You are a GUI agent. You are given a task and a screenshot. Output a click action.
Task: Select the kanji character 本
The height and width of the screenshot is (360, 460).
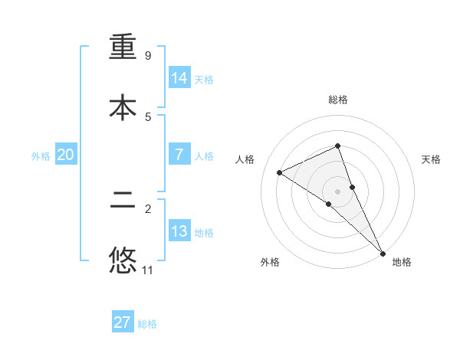click(123, 107)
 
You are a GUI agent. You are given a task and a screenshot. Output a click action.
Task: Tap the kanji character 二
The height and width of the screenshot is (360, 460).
click(123, 203)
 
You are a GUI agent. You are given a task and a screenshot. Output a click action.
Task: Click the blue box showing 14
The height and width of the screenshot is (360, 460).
click(179, 77)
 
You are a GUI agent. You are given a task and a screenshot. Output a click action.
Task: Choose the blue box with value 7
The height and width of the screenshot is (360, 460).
click(179, 155)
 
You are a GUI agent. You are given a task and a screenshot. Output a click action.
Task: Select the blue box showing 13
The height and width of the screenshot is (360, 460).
click(179, 231)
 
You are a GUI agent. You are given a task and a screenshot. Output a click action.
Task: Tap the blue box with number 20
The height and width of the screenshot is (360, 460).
click(66, 155)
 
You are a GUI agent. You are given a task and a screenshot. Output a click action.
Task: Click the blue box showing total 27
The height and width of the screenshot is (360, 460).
click(123, 322)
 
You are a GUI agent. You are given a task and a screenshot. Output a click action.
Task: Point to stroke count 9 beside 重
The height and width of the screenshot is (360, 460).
click(148, 56)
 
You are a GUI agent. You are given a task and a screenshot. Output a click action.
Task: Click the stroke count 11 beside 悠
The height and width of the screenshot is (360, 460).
click(148, 270)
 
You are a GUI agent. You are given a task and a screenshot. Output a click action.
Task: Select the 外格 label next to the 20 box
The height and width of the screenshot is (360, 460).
click(41, 155)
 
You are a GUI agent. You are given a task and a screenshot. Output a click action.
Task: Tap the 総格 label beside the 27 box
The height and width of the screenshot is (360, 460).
click(147, 324)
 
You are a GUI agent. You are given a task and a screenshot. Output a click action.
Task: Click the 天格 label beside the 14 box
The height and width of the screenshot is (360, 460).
click(204, 79)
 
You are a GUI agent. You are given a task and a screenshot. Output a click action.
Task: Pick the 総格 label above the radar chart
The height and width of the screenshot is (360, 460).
click(338, 100)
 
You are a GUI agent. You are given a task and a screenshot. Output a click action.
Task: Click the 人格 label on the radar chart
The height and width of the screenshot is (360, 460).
click(245, 159)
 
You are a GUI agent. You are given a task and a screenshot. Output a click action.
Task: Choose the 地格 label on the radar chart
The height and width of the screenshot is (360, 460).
click(402, 262)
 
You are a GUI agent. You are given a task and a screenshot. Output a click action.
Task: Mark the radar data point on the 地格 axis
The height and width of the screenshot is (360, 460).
click(383, 253)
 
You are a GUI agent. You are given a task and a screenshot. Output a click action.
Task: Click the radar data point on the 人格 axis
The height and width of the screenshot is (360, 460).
click(280, 172)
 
